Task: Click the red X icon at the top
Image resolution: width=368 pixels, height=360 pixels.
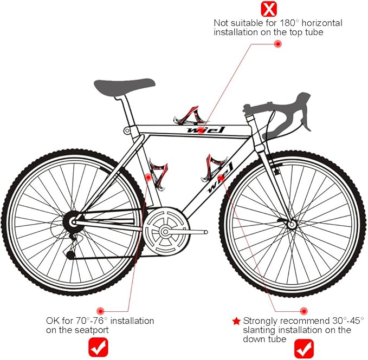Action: (269, 9)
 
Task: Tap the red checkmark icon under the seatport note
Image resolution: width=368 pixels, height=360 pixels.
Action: (98, 347)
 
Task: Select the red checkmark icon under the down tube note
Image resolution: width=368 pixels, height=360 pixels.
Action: (304, 349)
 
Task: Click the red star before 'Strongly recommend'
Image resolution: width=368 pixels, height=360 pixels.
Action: (236, 321)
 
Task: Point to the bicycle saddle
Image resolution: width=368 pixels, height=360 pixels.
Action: (125, 87)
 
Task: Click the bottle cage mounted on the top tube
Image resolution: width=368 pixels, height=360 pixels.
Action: (189, 115)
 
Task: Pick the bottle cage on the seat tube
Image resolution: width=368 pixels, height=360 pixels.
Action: (158, 174)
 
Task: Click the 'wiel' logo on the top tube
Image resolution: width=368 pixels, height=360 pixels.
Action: (206, 130)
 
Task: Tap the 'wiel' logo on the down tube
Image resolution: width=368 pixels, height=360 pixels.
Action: (219, 178)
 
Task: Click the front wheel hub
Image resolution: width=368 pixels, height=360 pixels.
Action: (292, 225)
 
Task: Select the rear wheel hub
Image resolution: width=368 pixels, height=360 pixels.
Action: (73, 221)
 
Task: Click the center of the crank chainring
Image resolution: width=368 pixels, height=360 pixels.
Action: (165, 232)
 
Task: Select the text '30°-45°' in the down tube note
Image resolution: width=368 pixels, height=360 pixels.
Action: (348, 320)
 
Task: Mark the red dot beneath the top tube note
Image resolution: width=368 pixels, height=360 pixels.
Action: (278, 44)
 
